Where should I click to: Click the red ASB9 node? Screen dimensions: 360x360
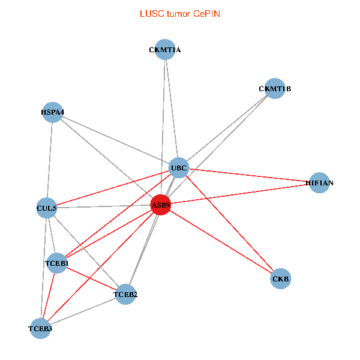click(x=161, y=205)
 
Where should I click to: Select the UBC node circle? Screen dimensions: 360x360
click(x=179, y=167)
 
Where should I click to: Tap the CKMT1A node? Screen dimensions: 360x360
click(x=165, y=50)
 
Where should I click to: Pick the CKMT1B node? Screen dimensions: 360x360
click(x=275, y=89)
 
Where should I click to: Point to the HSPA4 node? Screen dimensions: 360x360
click(x=53, y=112)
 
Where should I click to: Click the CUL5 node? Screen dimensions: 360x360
click(x=47, y=208)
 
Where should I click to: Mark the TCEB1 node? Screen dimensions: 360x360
click(x=58, y=263)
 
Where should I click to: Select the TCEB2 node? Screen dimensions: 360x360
click(x=125, y=294)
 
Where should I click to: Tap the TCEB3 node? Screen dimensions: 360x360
click(x=41, y=328)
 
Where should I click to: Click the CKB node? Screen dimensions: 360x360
click(x=281, y=279)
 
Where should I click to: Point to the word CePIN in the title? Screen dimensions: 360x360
click(x=206, y=13)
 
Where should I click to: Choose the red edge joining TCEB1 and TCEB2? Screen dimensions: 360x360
click(x=91, y=278)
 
